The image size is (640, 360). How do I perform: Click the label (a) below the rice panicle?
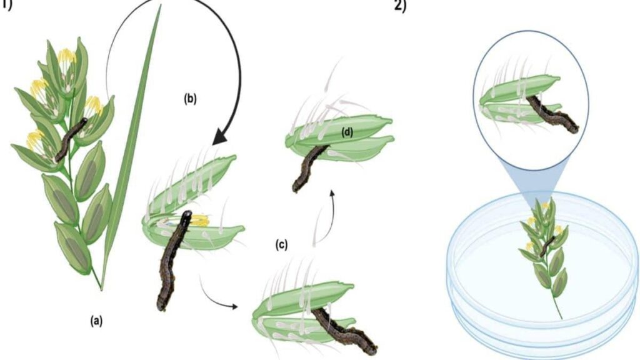coord(96,321)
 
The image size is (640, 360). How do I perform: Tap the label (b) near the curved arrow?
coord(190,99)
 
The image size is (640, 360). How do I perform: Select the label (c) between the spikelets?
coord(281,245)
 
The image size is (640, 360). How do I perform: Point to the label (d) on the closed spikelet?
coord(347,132)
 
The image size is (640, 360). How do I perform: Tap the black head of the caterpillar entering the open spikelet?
coord(186,216)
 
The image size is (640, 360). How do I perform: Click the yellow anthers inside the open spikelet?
coord(199,221)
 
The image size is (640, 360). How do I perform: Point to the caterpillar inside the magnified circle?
coord(551,114)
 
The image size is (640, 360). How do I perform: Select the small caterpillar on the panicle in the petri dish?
coord(547,246)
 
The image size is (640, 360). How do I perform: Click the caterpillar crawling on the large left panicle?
coord(71,139)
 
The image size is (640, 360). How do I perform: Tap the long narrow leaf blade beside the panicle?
coord(130,147)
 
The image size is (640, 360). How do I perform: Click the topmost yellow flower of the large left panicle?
coord(67,56)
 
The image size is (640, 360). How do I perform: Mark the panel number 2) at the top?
coord(400,6)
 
